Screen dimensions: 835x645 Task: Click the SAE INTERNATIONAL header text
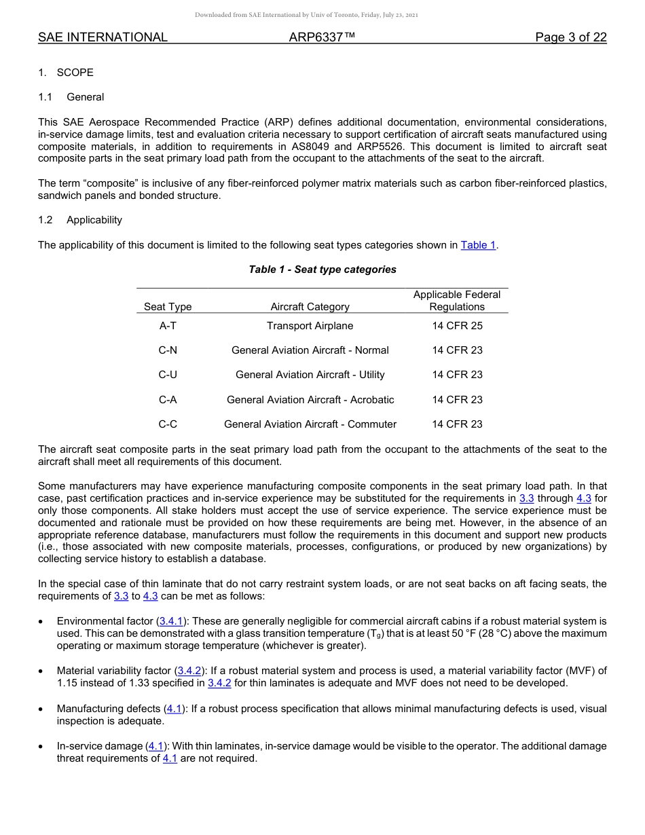pyautogui.click(x=103, y=37)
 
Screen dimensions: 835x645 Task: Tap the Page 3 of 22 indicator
pyautogui.click(x=570, y=37)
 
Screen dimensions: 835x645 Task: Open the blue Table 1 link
pyautogui.click(x=479, y=245)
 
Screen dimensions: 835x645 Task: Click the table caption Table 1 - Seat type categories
pyautogui.click(x=322, y=270)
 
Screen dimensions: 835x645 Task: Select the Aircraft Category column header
pyautogui.click(x=310, y=307)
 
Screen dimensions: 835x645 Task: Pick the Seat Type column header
pyautogui.click(x=168, y=307)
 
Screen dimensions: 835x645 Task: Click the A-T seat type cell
pyautogui.click(x=168, y=326)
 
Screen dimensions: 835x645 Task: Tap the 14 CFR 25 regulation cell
pyautogui.click(x=457, y=326)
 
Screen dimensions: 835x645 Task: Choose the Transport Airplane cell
pyautogui.click(x=310, y=326)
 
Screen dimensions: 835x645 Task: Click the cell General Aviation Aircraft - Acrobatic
pyautogui.click(x=310, y=400)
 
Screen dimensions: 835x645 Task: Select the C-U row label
pyautogui.click(x=168, y=375)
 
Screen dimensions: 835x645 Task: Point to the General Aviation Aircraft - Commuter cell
pyautogui.click(x=310, y=424)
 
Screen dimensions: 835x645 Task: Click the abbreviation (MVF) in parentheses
pyautogui.click(x=574, y=671)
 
